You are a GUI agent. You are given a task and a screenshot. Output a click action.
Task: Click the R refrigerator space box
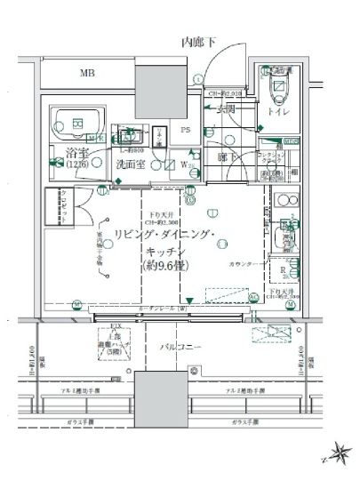(x=282, y=271)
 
